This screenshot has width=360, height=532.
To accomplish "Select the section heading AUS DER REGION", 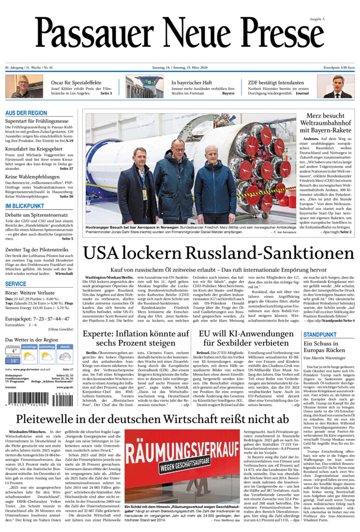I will click(x=26, y=113).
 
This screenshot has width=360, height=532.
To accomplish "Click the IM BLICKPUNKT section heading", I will click(x=24, y=206).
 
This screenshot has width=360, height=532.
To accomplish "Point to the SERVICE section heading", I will click(x=16, y=284).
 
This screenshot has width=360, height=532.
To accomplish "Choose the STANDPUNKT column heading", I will click(x=320, y=334).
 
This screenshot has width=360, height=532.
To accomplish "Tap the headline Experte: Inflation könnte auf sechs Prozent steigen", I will click(x=136, y=338).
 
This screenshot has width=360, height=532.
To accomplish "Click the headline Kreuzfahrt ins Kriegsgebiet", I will click(x=35, y=148).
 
